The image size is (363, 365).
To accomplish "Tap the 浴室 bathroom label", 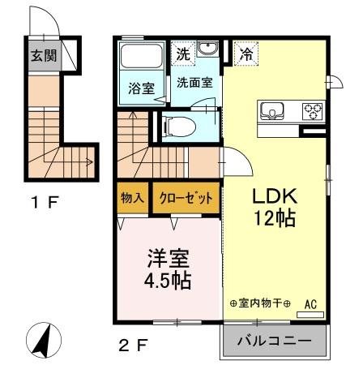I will pos(142,88).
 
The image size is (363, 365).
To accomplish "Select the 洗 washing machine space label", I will pos(184,55).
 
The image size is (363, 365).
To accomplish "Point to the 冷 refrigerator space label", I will pos(246,55).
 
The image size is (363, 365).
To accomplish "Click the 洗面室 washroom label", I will pos(194,83).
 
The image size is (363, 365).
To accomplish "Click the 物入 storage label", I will pos(132,197).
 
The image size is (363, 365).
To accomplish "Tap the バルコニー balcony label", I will pos(275,341).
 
